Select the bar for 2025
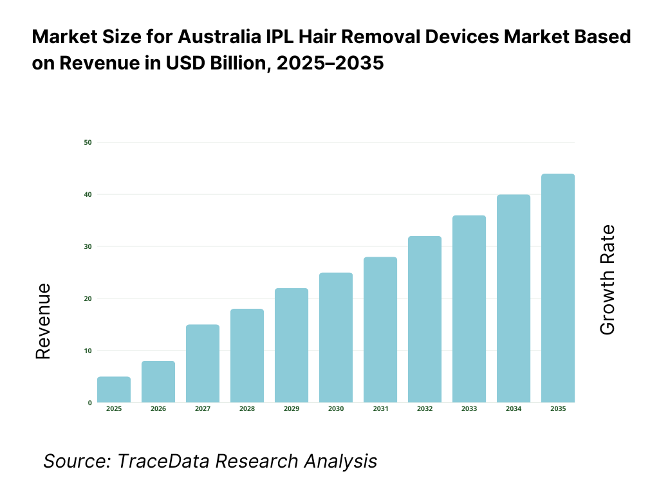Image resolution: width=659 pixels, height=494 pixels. click(114, 390)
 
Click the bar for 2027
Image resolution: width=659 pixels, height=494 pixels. click(203, 363)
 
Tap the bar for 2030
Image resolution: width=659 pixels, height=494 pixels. click(336, 338)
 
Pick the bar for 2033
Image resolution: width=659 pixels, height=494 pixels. click(469, 309)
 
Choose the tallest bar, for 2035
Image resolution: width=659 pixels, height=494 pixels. click(558, 288)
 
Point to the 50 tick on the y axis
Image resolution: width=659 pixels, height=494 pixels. click(88, 142)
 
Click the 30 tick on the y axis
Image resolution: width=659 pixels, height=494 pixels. click(88, 246)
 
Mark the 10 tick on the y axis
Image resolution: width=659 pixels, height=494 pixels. click(88, 351)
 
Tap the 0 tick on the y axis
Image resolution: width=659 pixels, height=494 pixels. click(89, 403)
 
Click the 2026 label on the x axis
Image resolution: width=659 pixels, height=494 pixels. click(158, 409)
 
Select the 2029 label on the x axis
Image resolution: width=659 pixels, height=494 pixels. click(292, 409)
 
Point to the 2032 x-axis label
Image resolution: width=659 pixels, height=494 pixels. click(425, 409)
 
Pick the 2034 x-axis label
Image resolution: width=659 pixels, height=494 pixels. click(514, 409)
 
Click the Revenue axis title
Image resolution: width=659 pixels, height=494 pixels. click(43, 321)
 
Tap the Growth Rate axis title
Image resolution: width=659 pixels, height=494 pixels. click(607, 280)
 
